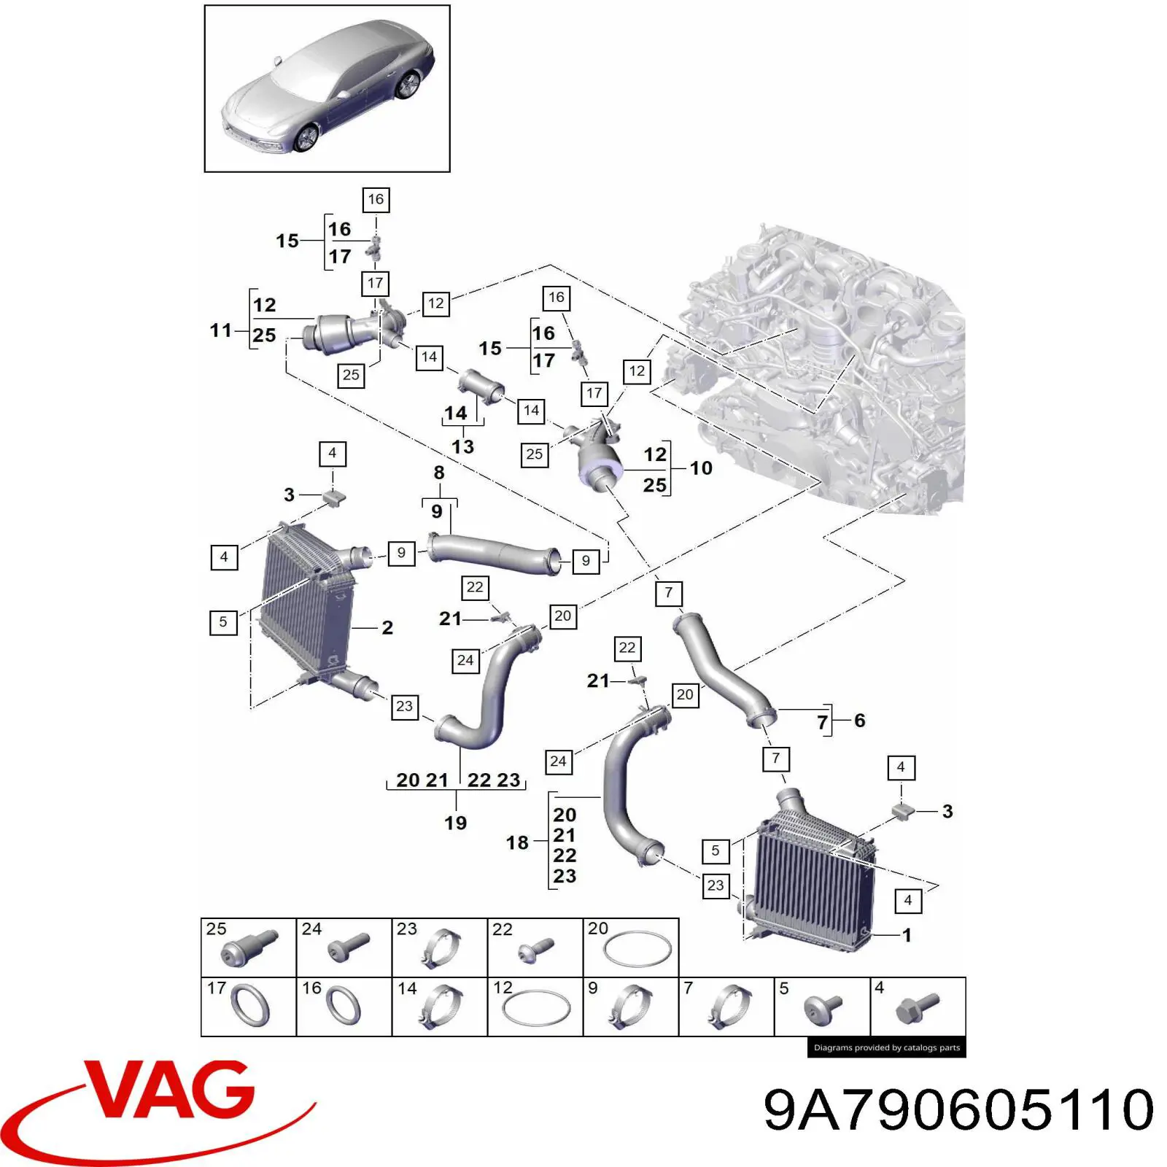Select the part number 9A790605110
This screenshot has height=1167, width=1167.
[x=958, y=1109]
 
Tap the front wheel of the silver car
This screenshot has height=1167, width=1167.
[x=307, y=137]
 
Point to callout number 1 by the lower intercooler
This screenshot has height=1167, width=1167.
[x=907, y=935]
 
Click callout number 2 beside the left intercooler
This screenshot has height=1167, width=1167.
[x=387, y=627]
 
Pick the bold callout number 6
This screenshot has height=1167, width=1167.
[x=860, y=721]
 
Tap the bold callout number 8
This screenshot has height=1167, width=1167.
[x=439, y=473]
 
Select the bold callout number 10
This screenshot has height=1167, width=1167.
[x=701, y=468]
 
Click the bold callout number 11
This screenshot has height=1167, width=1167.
[x=220, y=330]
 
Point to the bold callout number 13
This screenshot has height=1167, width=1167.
[x=462, y=446]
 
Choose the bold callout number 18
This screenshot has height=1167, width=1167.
[x=517, y=842]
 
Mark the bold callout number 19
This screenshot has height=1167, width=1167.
[x=456, y=823]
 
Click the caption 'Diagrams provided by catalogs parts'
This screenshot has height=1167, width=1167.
[x=886, y=1047]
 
